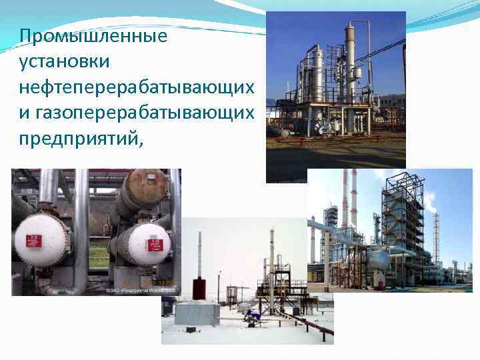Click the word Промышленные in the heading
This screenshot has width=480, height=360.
tap(93, 36)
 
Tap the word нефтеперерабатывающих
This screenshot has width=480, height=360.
tap(137, 87)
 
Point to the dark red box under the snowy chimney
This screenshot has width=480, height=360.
tap(198, 288)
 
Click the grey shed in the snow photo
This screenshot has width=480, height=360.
tap(197, 313)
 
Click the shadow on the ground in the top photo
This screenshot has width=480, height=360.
tap(333, 160)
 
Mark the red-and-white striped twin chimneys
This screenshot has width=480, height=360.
tap(349, 200)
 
